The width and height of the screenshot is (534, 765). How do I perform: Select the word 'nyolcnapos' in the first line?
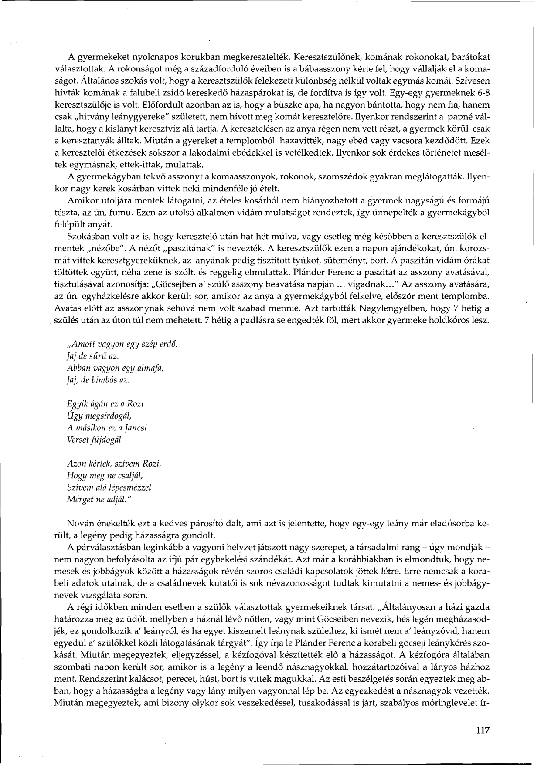143,57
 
